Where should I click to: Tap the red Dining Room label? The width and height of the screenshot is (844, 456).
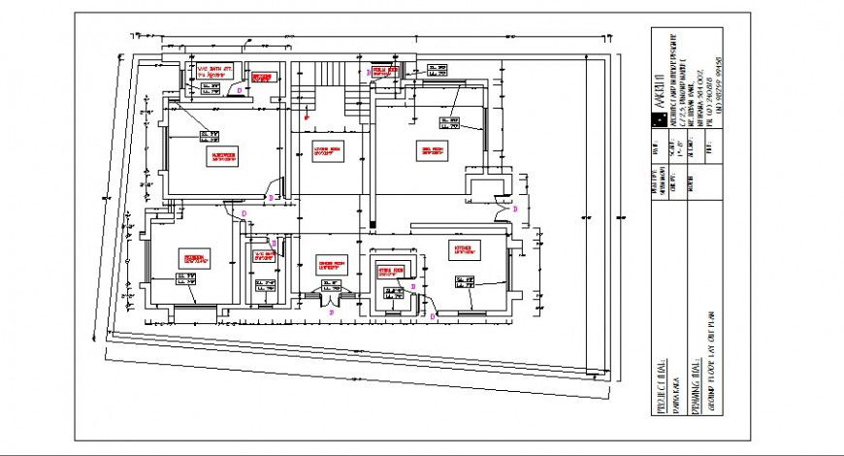click(332, 264)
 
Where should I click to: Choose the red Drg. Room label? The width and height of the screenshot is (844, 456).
click(431, 150)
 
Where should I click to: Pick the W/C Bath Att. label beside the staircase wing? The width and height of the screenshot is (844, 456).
click(215, 71)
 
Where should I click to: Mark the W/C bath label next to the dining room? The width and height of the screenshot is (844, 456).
click(265, 257)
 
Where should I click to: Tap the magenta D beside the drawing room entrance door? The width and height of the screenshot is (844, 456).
click(515, 209)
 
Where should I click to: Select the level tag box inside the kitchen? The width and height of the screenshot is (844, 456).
click(465, 282)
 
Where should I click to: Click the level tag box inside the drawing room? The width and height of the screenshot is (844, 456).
click(448, 122)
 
